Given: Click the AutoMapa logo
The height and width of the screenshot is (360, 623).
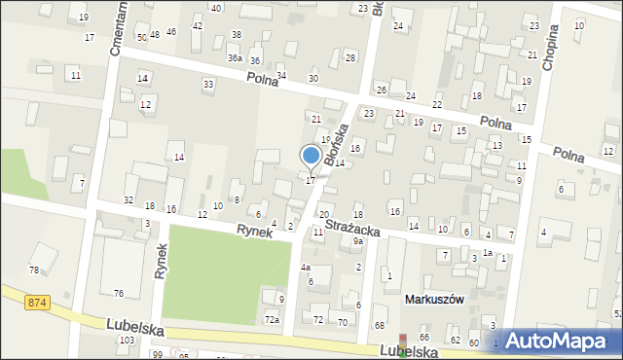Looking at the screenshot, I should point(559,341).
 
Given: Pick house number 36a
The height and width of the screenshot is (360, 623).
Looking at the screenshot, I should point(235,58).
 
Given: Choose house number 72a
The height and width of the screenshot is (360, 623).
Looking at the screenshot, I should point(273,319).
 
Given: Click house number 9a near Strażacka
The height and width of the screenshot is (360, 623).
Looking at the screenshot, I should point(358,240).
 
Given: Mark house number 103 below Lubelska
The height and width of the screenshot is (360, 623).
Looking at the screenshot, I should point(126,341).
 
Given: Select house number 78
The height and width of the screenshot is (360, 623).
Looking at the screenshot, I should point(34,270).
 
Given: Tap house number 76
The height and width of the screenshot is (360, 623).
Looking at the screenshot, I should point(118,294).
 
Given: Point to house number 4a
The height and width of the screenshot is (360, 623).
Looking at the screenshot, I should point(305,267).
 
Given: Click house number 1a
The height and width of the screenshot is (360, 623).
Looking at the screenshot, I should point(488,253).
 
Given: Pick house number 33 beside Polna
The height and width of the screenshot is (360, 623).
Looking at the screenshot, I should point(208,85).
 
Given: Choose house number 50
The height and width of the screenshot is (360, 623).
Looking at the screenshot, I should point(142,37).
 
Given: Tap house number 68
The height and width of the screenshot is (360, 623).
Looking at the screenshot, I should point(380,325).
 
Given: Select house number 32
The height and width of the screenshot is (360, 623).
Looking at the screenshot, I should point(128,199).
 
